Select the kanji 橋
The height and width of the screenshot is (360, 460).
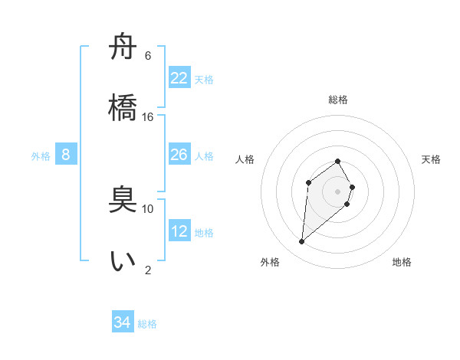coord(123,106)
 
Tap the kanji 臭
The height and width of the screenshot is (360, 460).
coord(123,201)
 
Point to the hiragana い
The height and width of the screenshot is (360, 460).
coord(123,261)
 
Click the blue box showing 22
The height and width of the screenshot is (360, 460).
coord(179,78)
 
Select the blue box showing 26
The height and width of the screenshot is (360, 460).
coord(179,155)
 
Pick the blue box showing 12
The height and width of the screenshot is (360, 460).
coord(179,231)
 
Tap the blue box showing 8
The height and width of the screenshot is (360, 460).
coord(66,155)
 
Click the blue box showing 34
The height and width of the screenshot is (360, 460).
coord(123,322)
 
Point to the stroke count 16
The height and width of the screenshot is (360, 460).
coord(148,117)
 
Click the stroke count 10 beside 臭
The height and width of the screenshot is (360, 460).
coord(148,208)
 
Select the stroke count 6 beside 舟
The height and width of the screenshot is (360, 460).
coord(148,56)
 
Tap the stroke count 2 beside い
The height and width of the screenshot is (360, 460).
coord(148,270)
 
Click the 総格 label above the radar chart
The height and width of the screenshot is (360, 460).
coord(338,100)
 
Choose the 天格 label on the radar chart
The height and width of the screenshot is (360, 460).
coord(432,159)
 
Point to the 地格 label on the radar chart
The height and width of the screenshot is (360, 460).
coord(402,262)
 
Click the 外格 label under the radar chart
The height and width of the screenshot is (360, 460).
coord(270,262)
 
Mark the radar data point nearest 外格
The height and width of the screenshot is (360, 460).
coord(302,242)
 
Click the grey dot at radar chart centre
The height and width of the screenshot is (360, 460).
coord(337,191)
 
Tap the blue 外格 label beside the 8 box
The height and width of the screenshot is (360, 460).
coord(41,156)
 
